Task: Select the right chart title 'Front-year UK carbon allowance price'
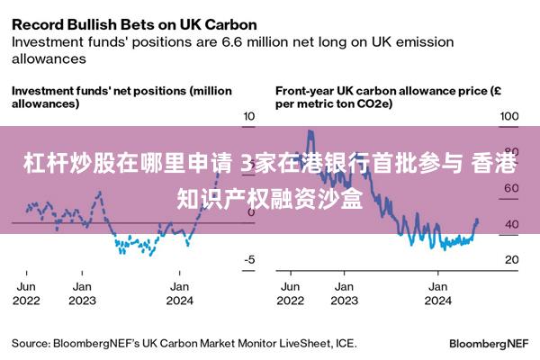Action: click(378, 91)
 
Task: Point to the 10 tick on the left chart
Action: click(249, 117)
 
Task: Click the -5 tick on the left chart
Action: click(249, 260)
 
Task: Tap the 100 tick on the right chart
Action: click(508, 117)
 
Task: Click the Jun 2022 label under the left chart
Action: click(26, 292)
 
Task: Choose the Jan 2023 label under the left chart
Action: click(82, 292)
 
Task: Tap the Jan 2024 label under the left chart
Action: click(180, 292)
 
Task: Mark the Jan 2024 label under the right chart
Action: click(437, 292)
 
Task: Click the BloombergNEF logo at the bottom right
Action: click(488, 344)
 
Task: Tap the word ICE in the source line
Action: click(344, 343)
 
